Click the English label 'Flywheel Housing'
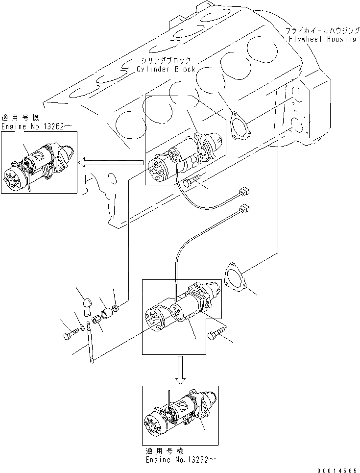[322, 39]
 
